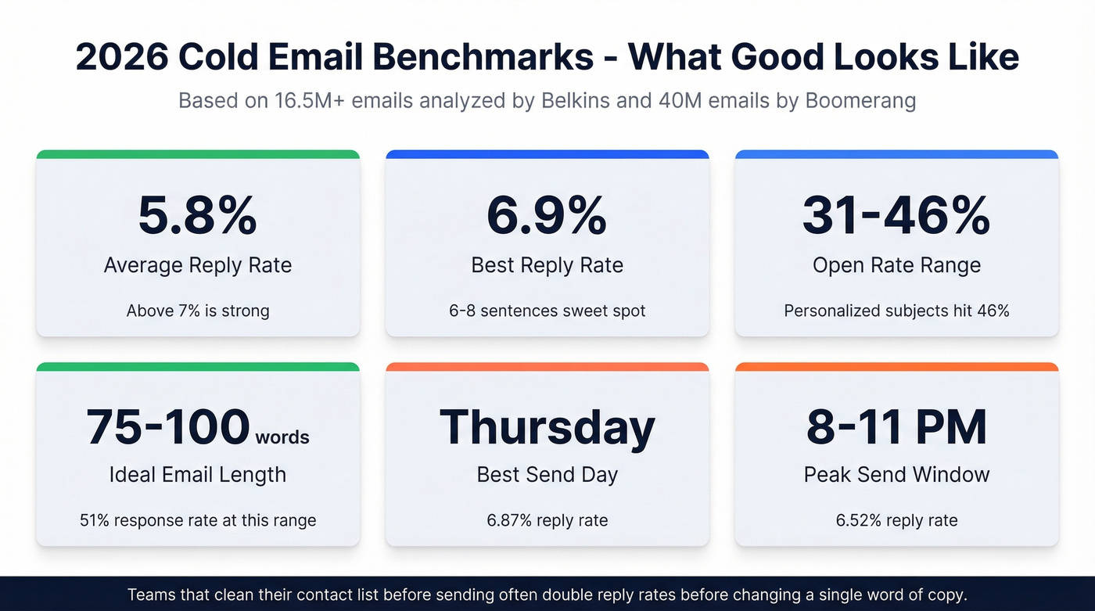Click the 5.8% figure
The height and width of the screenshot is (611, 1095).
pos(197,215)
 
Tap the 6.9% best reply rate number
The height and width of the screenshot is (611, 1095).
pos(547,215)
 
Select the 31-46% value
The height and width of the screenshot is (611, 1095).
pos(896,215)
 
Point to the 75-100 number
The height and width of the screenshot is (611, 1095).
pos(168,427)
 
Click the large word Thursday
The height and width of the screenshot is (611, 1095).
pos(547,427)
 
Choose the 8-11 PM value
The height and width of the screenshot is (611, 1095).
pos(896,427)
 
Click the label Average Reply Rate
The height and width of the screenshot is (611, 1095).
pos(197,265)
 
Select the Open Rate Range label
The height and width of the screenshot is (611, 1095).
pos(896,265)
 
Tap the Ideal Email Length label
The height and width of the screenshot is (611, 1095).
pos(197,475)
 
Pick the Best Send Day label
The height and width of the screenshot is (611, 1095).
pos(547,475)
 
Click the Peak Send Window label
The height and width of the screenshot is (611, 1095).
pos(896,475)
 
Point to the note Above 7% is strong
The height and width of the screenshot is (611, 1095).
pos(197,311)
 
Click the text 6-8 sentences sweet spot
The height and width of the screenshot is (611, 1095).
pos(547,311)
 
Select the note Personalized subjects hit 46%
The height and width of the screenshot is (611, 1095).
pos(896,311)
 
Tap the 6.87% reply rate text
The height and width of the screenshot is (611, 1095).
pos(547,520)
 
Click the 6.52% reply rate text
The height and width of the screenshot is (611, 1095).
pos(896,520)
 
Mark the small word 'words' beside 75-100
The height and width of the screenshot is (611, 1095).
pos(282,437)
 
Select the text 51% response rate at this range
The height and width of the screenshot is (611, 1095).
pos(197,520)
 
